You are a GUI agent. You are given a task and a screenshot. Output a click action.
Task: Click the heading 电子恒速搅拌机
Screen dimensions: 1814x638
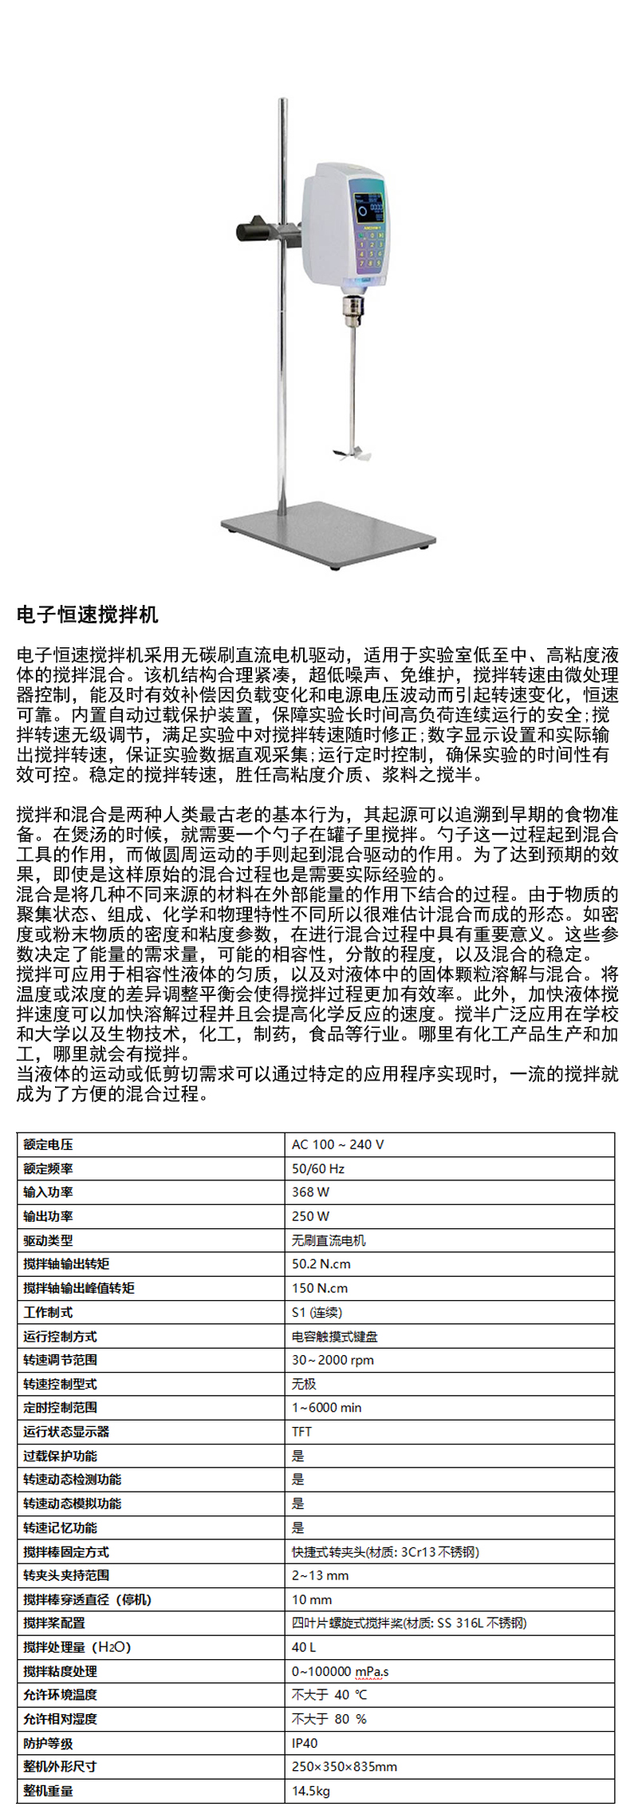tap(88, 615)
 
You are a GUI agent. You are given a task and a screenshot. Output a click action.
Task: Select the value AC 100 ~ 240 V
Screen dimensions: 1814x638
tap(338, 1144)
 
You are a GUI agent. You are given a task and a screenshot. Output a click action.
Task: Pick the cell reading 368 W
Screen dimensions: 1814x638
tap(310, 1192)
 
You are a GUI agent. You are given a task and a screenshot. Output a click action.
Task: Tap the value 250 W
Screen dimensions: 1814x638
tap(310, 1216)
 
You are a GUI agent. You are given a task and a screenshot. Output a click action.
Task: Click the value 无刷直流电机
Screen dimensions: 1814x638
tap(329, 1240)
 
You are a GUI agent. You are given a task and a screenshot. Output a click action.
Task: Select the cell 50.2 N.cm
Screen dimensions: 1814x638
tap(321, 1264)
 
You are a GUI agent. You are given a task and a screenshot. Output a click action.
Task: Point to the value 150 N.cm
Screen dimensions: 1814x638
tap(320, 1288)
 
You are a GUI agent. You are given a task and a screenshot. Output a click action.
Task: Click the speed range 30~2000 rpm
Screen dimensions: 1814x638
tap(333, 1360)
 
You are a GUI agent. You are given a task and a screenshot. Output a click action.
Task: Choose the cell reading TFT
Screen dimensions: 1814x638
tap(301, 1432)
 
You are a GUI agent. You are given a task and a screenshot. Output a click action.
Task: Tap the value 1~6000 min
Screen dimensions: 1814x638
tap(327, 1408)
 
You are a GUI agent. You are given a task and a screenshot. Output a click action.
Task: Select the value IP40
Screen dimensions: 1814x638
tap(305, 1744)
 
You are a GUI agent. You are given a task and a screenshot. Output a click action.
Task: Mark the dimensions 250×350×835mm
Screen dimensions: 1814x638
tap(345, 1767)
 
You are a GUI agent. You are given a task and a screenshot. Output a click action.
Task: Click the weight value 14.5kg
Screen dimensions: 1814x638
tap(311, 1791)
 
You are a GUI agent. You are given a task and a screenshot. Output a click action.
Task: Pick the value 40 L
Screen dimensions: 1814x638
tap(304, 1647)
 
